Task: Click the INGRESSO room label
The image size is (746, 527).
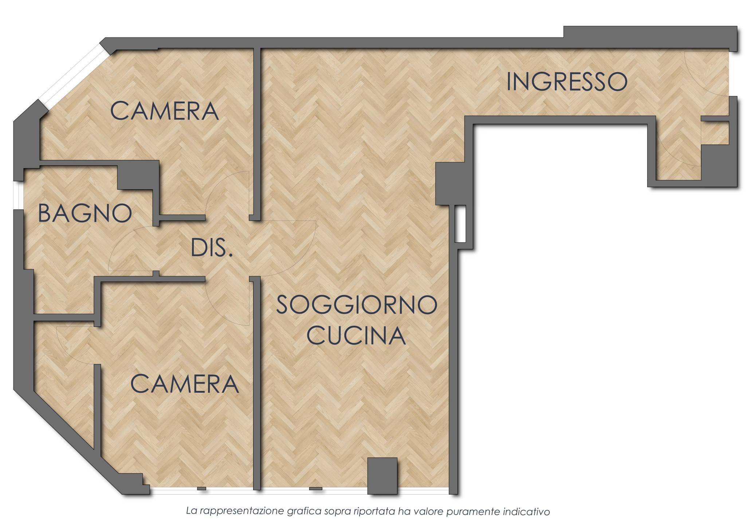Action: (x=567, y=82)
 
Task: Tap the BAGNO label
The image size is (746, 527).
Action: (x=85, y=213)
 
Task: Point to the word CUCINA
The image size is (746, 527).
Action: (x=356, y=336)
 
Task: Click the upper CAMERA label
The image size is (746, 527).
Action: (x=164, y=111)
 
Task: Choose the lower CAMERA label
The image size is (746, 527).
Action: (x=184, y=384)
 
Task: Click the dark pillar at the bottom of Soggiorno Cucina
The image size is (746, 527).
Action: (x=382, y=476)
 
